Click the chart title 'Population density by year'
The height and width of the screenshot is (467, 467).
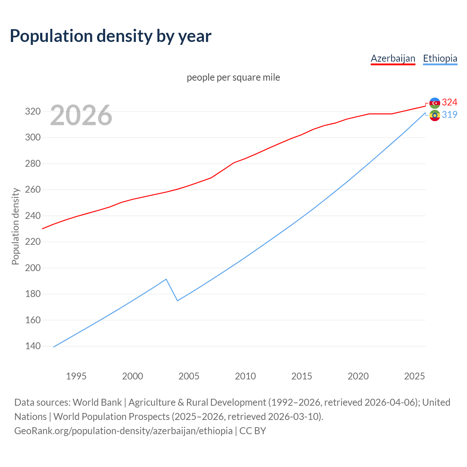111,36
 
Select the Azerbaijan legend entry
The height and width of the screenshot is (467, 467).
393,58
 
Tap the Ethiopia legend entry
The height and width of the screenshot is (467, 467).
440,58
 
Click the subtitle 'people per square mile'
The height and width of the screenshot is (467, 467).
233,78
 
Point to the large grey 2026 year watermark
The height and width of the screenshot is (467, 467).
81,115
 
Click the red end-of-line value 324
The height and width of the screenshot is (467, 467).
449,102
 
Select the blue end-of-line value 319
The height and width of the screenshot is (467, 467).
449,115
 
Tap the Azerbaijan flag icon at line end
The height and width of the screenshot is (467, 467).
435,103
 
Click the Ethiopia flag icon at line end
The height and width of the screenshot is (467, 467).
435,116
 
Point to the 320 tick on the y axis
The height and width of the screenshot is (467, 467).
32,112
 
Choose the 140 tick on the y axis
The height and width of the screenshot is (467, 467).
32,346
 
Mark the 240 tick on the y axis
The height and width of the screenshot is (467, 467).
32,216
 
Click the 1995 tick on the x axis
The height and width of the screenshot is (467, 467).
76,376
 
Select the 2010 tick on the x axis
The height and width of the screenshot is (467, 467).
245,376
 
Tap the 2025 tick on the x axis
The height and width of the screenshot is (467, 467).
414,376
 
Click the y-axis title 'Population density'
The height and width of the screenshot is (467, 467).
15,226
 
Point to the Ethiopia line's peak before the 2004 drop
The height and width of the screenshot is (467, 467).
166,279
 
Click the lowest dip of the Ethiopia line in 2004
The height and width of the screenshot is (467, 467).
177,301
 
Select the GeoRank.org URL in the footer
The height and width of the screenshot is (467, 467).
123,431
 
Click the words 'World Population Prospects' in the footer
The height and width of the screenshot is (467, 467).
111,417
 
